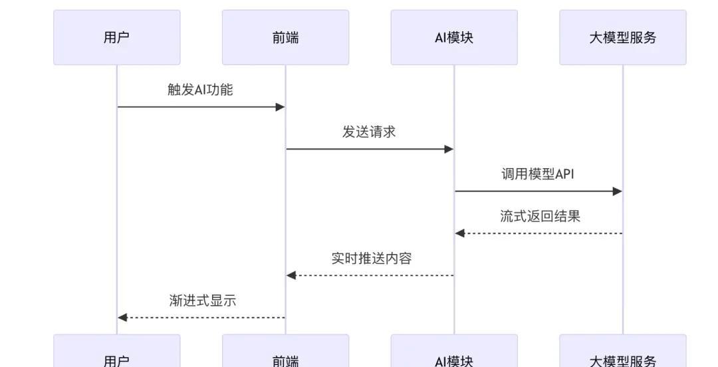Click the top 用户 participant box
click(116, 37)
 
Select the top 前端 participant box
click(285, 37)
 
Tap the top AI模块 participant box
click(454, 37)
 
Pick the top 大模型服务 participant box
click(622, 37)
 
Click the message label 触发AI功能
click(200, 90)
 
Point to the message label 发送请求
click(369, 132)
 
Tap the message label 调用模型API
click(538, 174)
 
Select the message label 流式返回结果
click(540, 216)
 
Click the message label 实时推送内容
click(372, 258)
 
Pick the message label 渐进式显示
click(203, 301)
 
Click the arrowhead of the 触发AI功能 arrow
click(281, 107)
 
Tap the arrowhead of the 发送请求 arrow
click(449, 149)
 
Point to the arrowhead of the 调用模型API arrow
click(618, 191)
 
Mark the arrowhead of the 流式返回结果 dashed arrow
click(459, 233)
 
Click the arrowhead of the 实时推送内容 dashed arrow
click(291, 275)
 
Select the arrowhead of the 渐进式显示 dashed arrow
click(122, 318)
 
